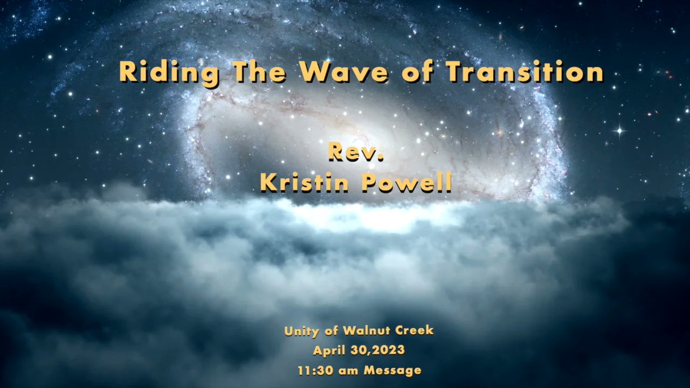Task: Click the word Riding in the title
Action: point(169,73)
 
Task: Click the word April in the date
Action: point(329,350)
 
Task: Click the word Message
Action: point(392,370)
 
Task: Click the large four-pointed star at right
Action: point(619,130)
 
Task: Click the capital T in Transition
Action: point(454,72)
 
